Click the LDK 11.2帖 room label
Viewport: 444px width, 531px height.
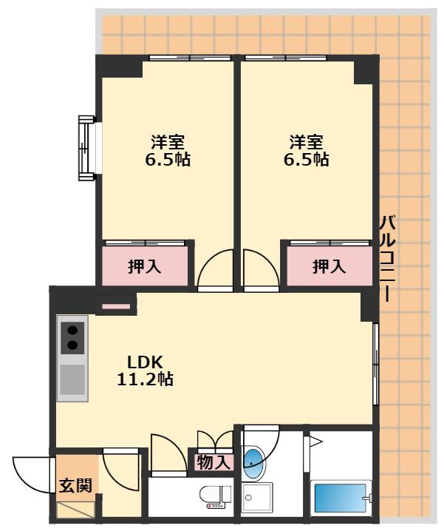[x=145, y=371]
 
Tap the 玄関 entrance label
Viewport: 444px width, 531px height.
[x=75, y=486]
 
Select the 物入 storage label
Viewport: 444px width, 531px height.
[x=214, y=462]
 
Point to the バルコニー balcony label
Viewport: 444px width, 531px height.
[x=388, y=257]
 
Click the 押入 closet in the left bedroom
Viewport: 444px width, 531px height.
[x=145, y=265]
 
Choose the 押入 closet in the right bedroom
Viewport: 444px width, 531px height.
[x=329, y=265]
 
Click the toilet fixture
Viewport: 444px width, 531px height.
[x=215, y=497]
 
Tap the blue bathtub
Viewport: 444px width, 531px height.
[x=340, y=498]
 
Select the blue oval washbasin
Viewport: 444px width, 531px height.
[x=253, y=462]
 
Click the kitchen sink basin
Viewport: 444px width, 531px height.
[x=72, y=379]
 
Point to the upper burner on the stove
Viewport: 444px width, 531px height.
[x=72, y=330]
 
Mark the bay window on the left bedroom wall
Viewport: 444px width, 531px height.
[x=87, y=148]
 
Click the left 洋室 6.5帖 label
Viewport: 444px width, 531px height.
[x=168, y=151]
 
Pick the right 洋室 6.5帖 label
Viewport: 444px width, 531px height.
[x=307, y=151]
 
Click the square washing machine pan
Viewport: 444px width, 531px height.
[x=257, y=497]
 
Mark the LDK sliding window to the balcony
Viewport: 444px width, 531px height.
[x=375, y=364]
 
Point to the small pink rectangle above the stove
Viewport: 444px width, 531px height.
[x=116, y=307]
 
